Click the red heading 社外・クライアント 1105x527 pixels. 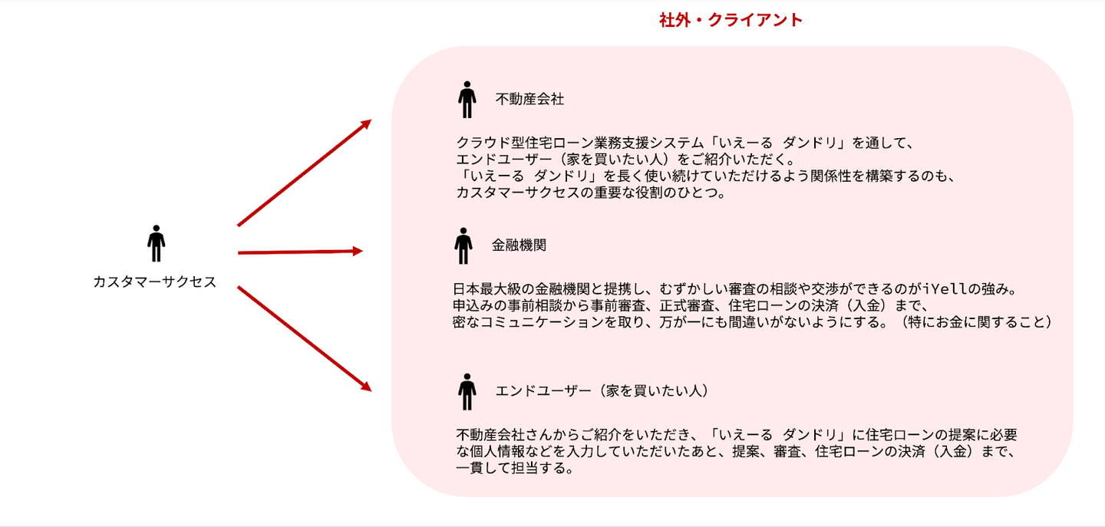coord(731,21)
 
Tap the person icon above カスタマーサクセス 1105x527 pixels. coord(156,243)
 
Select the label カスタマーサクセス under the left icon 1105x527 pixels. coord(155,282)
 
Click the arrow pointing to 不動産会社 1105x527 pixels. coord(305,173)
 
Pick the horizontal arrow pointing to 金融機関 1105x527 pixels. coord(300,252)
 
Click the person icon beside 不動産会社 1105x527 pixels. coord(467,99)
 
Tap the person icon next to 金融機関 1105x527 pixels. coord(463,245)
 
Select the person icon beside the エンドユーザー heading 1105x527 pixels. coord(467,391)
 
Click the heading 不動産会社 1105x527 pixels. coord(529,99)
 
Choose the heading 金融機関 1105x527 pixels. coord(519,245)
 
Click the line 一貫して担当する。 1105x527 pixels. coord(514,468)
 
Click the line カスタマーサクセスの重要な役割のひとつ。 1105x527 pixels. coord(590,193)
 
